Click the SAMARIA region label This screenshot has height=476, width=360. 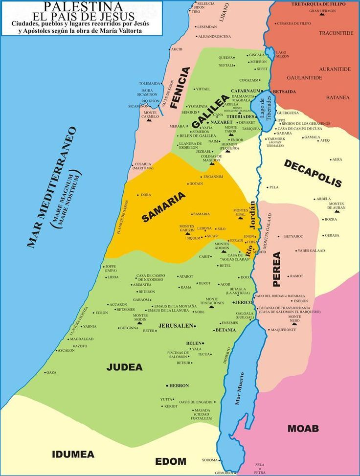click(x=164, y=207)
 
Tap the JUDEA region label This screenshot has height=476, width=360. click(x=125, y=367)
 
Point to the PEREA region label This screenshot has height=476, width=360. click(x=277, y=269)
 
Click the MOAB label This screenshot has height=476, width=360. click(x=303, y=429)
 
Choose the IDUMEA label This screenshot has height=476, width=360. click(x=73, y=454)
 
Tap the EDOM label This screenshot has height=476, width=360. click(x=171, y=461)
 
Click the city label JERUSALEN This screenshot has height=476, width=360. click(x=176, y=325)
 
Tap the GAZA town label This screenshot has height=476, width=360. click(x=51, y=372)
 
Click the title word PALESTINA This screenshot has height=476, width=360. click(x=83, y=6)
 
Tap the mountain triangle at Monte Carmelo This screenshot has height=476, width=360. click(x=149, y=120)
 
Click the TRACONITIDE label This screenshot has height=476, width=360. click(x=336, y=33)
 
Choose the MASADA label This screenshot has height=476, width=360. click(x=202, y=410)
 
